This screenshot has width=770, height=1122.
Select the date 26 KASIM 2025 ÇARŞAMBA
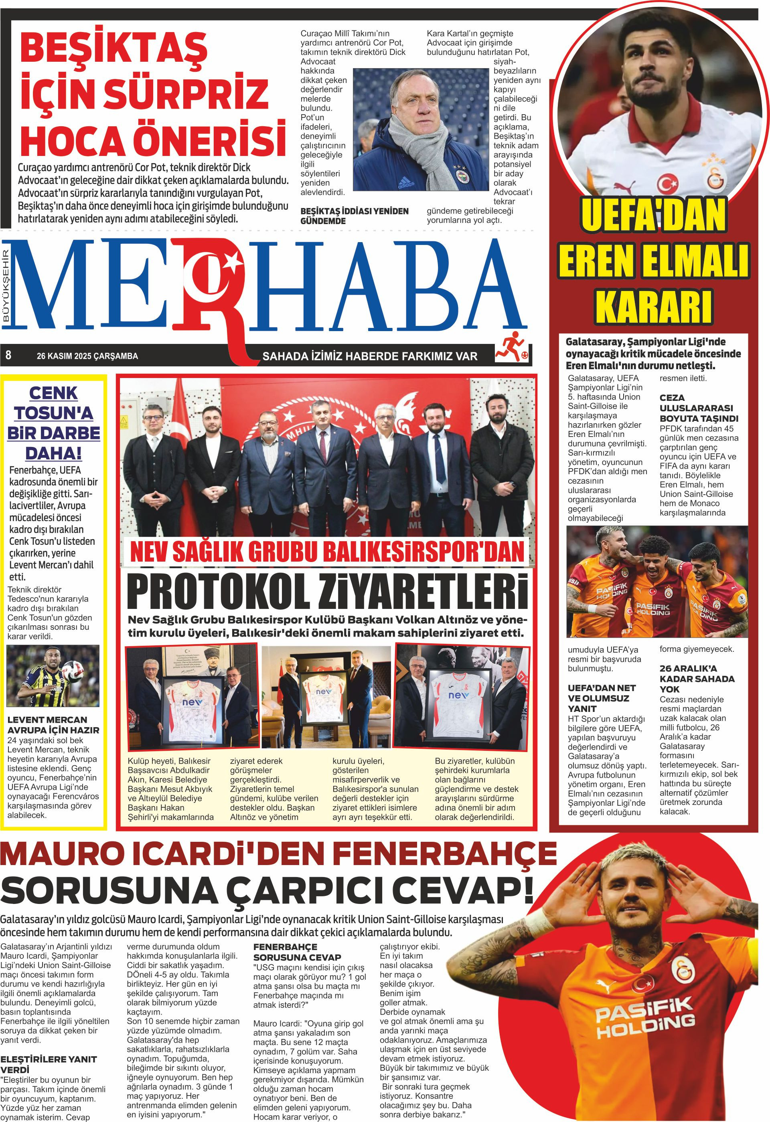(x=87, y=356)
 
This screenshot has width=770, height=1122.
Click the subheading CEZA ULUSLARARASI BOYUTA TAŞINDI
(x=696, y=408)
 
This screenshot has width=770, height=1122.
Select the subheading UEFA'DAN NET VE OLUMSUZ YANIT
(x=602, y=697)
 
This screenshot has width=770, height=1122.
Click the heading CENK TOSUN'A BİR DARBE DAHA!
(x=54, y=423)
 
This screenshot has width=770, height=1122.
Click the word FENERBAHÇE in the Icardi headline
(x=444, y=854)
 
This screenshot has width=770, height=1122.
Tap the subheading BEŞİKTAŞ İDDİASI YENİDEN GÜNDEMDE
(x=354, y=216)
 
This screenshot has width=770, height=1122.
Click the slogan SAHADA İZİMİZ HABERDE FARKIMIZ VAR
(x=369, y=356)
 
